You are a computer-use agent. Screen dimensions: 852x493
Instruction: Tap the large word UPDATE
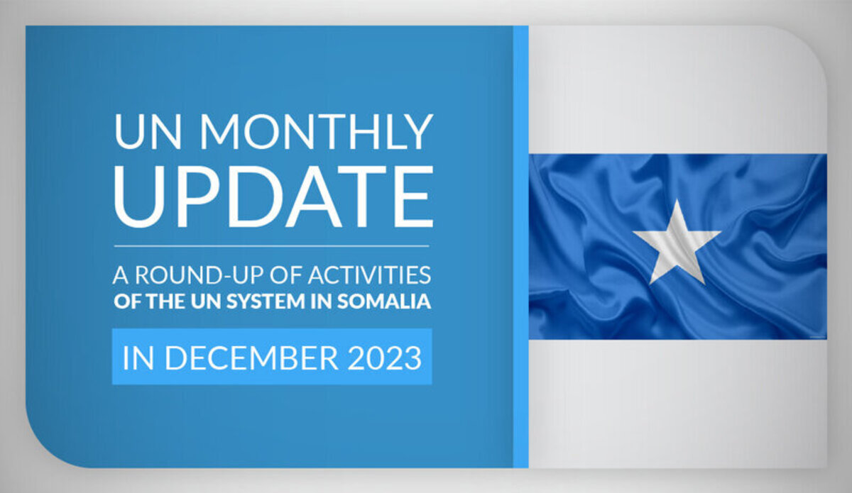273,196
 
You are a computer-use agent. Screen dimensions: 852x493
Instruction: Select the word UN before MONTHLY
148,131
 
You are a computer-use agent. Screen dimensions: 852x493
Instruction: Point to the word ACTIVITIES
370,275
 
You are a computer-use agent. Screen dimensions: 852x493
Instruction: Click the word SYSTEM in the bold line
266,301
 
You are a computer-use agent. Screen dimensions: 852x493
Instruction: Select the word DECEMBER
251,358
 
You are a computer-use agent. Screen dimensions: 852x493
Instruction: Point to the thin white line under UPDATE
271,246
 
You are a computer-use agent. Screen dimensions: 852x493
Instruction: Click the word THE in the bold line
165,301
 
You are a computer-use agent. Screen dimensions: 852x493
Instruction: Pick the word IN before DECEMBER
138,358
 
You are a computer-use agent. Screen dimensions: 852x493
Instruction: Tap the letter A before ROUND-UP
121,275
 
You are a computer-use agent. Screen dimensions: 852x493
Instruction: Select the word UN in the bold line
206,301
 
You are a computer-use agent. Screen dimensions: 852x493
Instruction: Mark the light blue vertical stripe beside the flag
520,246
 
